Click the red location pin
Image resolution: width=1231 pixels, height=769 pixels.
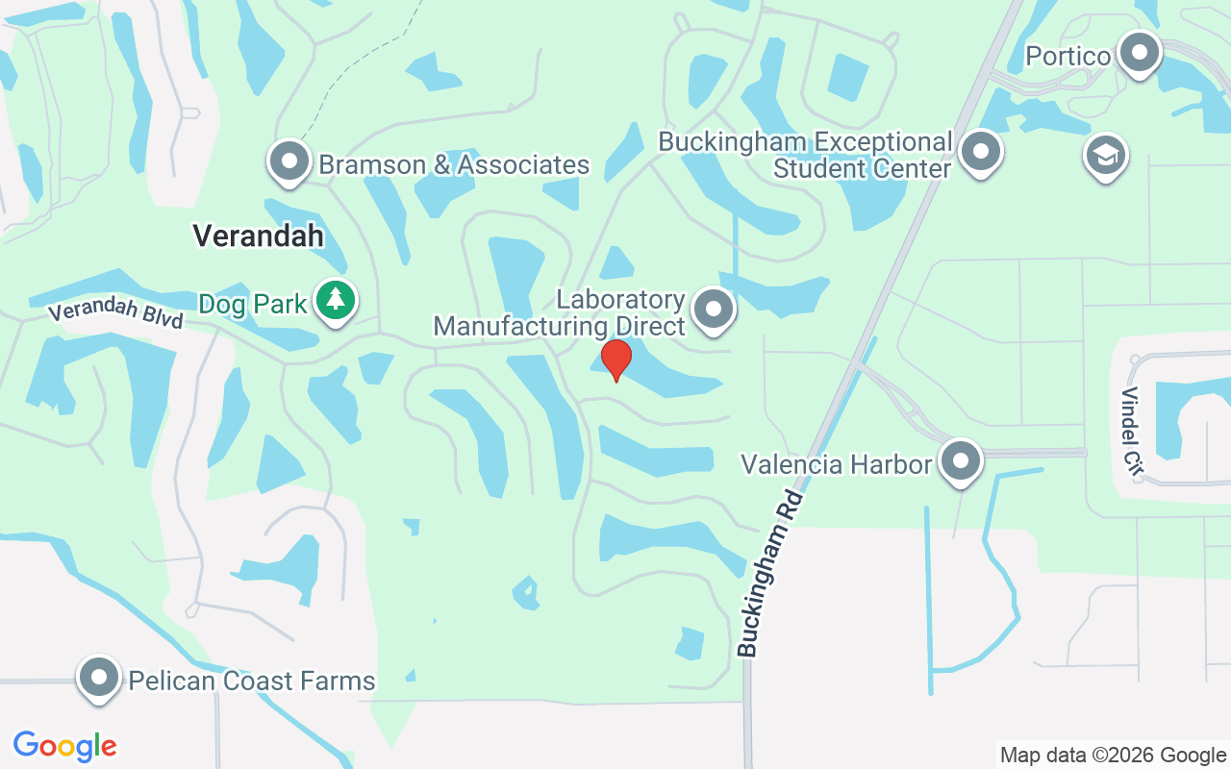615,360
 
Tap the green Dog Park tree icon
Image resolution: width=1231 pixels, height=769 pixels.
335,300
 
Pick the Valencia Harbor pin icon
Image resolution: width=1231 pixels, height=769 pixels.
960,461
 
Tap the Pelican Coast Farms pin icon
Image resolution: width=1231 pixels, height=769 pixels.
99,678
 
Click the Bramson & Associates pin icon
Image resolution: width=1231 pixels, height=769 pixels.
289,161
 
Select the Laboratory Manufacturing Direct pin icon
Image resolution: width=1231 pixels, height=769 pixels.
714,310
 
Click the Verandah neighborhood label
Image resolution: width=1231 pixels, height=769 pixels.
258,236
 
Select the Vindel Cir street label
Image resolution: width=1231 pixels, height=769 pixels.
1132,431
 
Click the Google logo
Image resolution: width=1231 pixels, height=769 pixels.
64,745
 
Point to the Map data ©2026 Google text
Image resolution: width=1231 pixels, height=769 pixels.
1113,755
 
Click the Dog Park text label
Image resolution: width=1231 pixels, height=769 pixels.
253,305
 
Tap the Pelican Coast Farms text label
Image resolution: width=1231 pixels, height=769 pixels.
252,681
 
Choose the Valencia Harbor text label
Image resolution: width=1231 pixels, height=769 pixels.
836,465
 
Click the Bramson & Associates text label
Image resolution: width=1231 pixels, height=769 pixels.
454,164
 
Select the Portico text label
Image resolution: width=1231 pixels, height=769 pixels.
1068,56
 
